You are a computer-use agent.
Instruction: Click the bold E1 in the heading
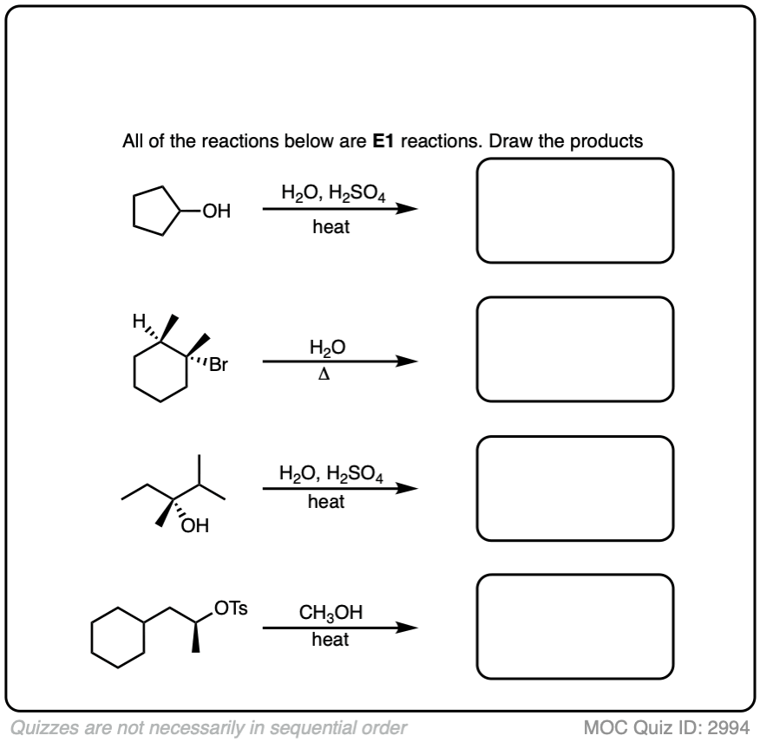(x=383, y=141)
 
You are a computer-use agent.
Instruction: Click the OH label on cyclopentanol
(x=217, y=212)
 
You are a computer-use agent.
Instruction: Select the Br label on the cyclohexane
(x=218, y=365)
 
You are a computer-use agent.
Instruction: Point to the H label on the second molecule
(x=139, y=321)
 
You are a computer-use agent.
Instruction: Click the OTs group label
(x=231, y=609)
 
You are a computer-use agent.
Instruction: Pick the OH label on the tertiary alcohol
(x=195, y=525)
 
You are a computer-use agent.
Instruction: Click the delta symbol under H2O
(x=324, y=374)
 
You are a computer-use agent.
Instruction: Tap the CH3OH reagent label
(x=331, y=613)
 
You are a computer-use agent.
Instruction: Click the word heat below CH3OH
(x=330, y=640)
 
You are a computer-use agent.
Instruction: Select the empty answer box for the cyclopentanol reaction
(x=575, y=159)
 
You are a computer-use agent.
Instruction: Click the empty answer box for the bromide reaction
(x=575, y=298)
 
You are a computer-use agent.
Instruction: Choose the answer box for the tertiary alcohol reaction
(x=575, y=437)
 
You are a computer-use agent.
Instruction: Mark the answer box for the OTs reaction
(x=575, y=576)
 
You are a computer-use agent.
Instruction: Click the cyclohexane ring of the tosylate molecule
(x=92, y=637)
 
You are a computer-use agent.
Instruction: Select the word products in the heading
(x=606, y=141)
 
